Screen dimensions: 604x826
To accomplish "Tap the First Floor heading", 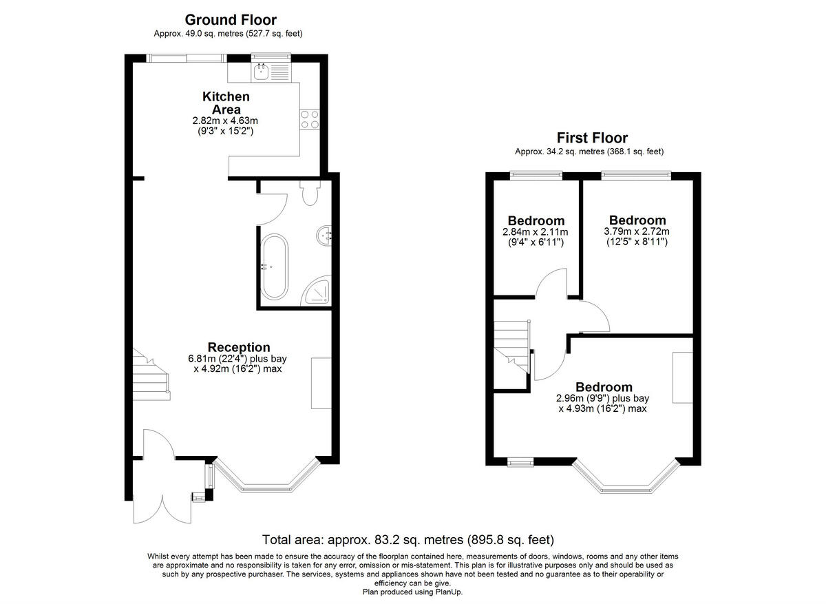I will (592, 138).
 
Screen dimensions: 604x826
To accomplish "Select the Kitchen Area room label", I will (226, 103).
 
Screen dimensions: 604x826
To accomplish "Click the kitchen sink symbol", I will (262, 70).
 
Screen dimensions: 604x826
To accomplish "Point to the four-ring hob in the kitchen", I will (309, 120).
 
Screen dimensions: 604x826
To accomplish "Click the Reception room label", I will (239, 347).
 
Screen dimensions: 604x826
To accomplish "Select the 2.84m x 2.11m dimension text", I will (536, 233).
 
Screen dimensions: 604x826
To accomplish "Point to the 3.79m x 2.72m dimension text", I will (637, 232).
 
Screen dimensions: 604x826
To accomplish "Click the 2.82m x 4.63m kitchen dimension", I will (226, 120).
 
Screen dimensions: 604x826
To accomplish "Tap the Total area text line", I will (408, 539).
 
